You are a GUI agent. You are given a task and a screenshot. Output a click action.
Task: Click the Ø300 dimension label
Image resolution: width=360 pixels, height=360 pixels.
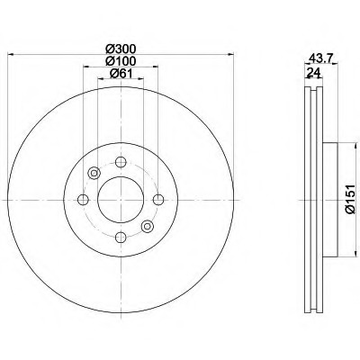(121, 49)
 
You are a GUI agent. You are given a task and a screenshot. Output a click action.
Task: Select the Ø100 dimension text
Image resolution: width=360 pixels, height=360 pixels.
(121, 61)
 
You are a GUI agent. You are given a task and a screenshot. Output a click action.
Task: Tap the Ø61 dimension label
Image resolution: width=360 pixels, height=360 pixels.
(121, 73)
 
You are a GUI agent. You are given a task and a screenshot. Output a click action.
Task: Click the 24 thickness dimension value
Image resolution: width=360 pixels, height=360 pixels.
(314, 73)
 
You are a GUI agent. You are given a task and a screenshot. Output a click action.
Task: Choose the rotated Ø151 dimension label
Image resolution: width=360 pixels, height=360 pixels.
(350, 199)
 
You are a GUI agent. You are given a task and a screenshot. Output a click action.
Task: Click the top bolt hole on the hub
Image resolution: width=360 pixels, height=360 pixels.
(121, 162)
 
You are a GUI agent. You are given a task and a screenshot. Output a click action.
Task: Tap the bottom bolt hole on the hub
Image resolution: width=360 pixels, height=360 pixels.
(121, 238)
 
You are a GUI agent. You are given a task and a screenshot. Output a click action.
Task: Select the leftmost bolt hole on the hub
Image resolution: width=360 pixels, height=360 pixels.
(83, 200)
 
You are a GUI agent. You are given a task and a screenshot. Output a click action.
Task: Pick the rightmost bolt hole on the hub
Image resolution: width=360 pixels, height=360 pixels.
(158, 200)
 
